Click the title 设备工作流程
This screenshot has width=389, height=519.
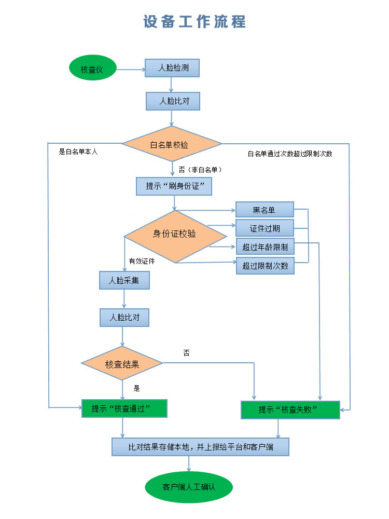point(195,22)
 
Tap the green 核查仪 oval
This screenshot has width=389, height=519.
point(92,69)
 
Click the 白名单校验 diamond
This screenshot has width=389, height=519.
point(172,144)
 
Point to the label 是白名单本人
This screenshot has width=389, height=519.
point(78,152)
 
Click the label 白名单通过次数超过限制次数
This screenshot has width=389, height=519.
point(290,154)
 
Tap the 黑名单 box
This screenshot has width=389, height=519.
point(265,210)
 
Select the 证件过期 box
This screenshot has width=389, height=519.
point(265,228)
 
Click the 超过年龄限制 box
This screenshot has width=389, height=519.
point(265,247)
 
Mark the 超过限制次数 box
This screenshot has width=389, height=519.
point(265,266)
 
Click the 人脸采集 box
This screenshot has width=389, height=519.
point(124,280)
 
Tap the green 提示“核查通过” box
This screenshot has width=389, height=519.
point(124,408)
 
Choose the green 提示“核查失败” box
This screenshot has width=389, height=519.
point(290,409)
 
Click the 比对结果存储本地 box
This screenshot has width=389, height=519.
point(200,446)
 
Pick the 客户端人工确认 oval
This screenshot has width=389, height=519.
point(189,487)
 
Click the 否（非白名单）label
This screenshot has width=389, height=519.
point(201,170)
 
